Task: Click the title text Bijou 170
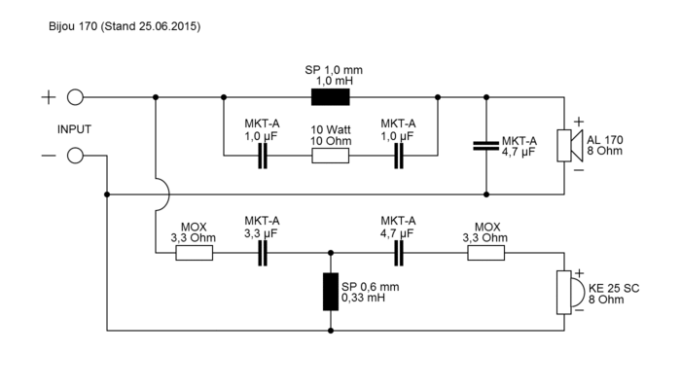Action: pyautogui.click(x=72, y=26)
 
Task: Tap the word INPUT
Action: pyautogui.click(x=75, y=127)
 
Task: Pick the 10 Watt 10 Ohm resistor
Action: pyautogui.click(x=331, y=156)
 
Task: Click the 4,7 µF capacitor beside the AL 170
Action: pyautogui.click(x=486, y=146)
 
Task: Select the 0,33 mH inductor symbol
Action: pyautogui.click(x=331, y=292)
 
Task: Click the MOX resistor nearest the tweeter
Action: pyautogui.click(x=486, y=253)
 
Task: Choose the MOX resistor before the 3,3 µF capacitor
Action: pyautogui.click(x=195, y=253)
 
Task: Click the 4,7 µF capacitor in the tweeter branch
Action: pyautogui.click(x=399, y=253)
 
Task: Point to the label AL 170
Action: pyautogui.click(x=607, y=140)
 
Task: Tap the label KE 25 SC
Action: pyautogui.click(x=615, y=289)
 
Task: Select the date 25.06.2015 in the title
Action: pyautogui.click(x=166, y=26)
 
